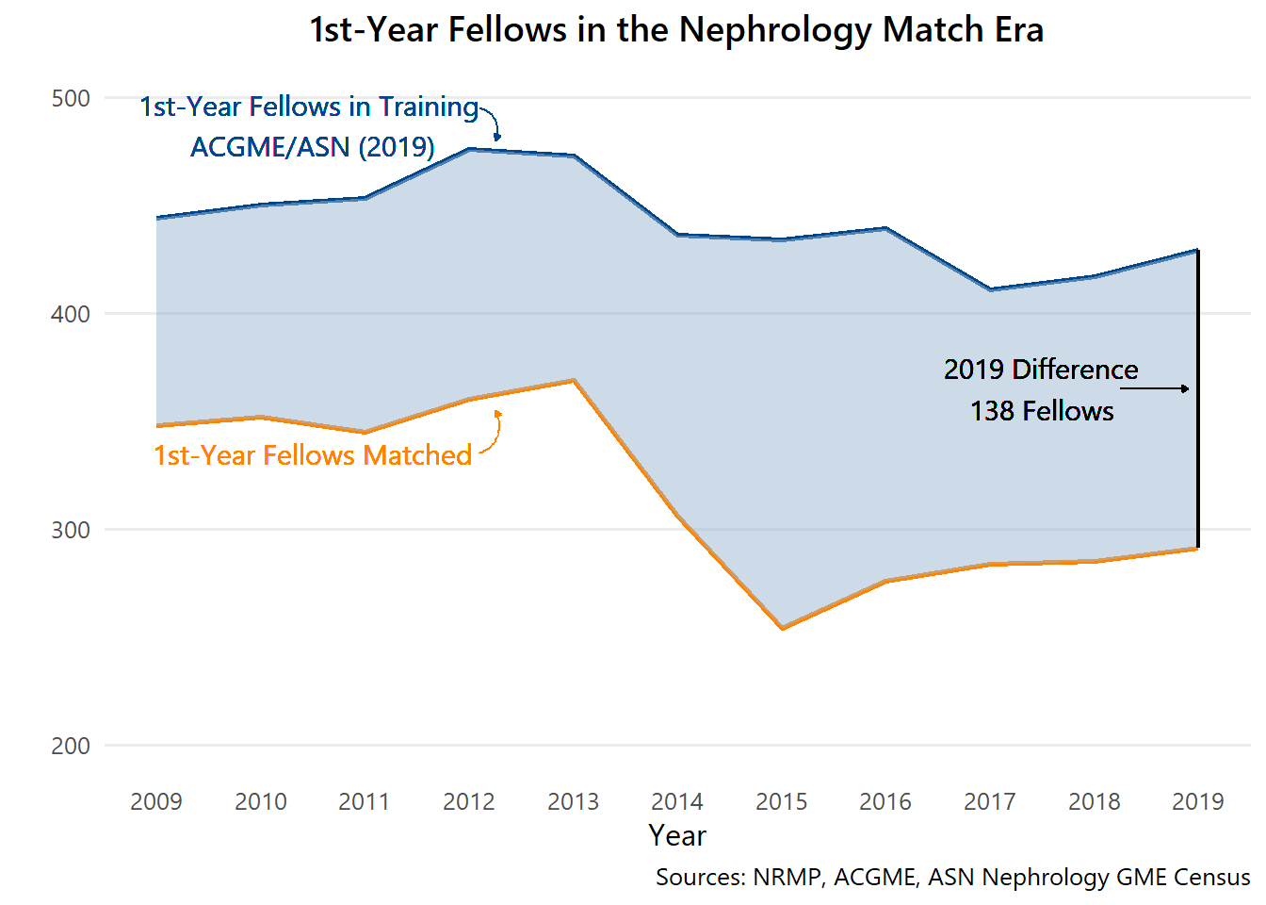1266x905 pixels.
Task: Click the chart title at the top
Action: (x=676, y=30)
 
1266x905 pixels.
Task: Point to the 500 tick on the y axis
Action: (x=71, y=98)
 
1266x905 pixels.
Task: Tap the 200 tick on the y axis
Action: (x=71, y=746)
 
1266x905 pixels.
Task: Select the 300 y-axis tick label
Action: (x=71, y=530)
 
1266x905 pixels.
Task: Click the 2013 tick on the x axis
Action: (x=573, y=801)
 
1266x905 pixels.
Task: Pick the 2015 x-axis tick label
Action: (x=781, y=801)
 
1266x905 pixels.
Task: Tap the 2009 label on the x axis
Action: (x=156, y=801)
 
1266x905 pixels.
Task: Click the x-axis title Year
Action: (x=676, y=835)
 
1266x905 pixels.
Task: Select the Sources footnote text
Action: (x=952, y=877)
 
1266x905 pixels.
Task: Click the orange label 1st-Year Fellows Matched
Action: (x=313, y=455)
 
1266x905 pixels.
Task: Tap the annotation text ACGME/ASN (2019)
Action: (x=313, y=147)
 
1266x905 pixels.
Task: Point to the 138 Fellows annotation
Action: (x=1042, y=411)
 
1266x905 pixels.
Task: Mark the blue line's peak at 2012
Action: (x=469, y=149)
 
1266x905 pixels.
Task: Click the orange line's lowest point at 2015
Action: (x=782, y=628)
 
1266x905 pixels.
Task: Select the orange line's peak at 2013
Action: (x=574, y=380)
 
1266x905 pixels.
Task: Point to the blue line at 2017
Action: (x=990, y=289)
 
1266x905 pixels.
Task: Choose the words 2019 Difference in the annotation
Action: (x=1041, y=370)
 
